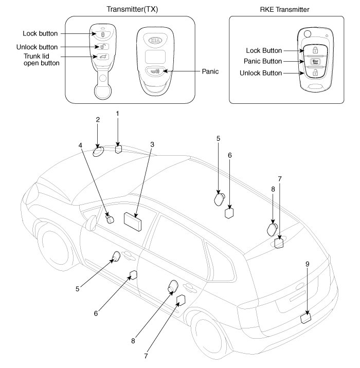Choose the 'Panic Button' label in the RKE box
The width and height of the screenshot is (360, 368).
click(263, 61)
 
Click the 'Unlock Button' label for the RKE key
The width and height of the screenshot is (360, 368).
click(261, 73)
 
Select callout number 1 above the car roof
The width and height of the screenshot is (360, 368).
click(117, 113)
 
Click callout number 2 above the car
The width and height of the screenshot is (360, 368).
click(98, 119)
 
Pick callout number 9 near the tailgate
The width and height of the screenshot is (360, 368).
click(307, 264)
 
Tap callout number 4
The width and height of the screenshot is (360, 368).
click(81, 145)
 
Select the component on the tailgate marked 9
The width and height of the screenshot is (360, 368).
click(306, 318)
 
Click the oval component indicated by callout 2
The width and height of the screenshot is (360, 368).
click(98, 152)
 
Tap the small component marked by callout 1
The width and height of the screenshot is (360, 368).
click(118, 149)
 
